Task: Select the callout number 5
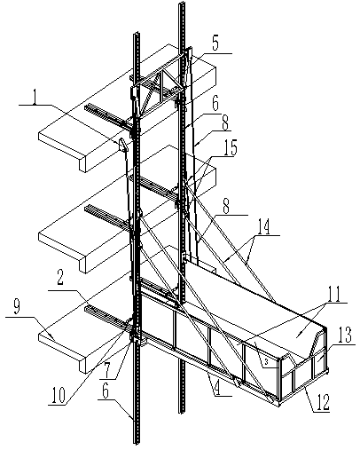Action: [x=215, y=43]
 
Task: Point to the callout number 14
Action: [x=263, y=226]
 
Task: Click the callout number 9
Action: [x=17, y=308]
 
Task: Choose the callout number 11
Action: [x=333, y=294]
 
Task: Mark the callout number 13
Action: [x=344, y=335]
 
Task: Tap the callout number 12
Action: [x=322, y=401]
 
